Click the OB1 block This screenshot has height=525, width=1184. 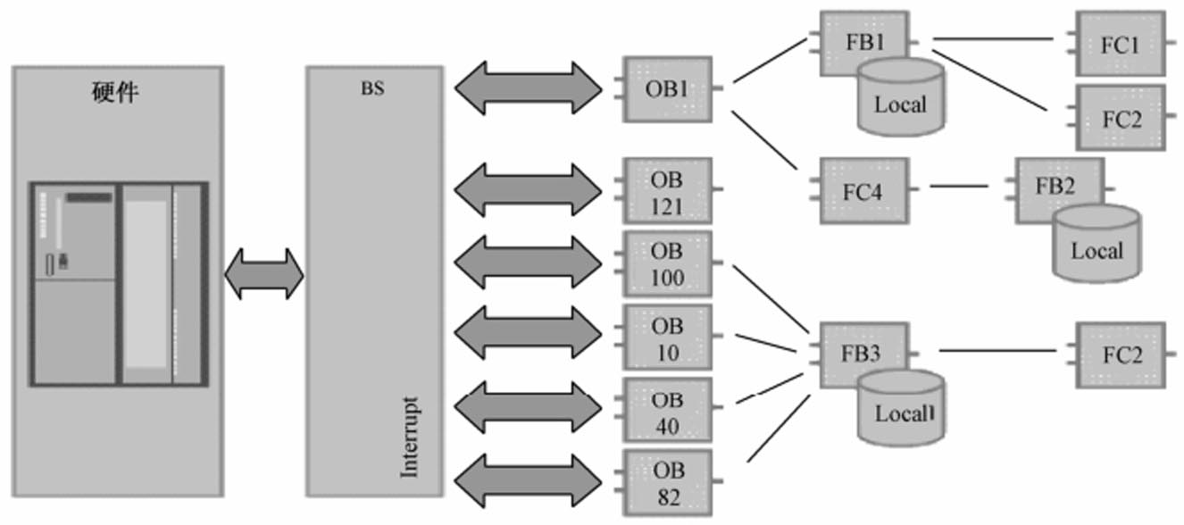668,88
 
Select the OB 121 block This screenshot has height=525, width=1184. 668,191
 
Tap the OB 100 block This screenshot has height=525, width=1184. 668,264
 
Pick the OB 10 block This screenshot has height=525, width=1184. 668,337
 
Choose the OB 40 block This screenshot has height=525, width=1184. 668,411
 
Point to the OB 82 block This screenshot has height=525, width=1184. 668,482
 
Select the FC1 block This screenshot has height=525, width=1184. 1120,44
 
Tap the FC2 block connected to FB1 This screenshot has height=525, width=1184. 1120,117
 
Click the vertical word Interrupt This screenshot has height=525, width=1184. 409,437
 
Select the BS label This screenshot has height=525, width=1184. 373,90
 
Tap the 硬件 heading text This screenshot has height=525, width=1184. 115,92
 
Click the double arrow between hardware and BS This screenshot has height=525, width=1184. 263,273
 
